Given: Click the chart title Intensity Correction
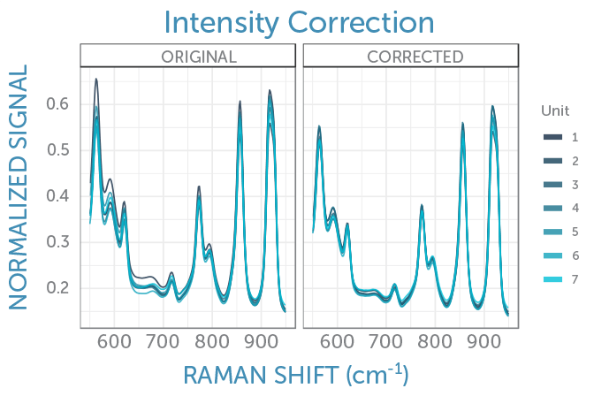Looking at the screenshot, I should coord(298,21).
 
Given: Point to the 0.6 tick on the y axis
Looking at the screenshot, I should coord(59,104).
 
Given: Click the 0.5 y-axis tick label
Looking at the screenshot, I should coord(59,150).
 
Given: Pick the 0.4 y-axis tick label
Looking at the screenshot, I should coord(59,196).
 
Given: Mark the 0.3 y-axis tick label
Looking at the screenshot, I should coord(59,242).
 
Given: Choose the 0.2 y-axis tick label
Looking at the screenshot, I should coord(59,288).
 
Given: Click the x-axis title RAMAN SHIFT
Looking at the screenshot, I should coord(297,375).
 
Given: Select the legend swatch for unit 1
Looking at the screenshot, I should coord(553,138).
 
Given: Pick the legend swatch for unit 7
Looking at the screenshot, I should coord(553,279).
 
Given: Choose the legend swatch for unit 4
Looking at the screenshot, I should coord(553,209).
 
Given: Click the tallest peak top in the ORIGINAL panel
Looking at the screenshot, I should coord(96,80).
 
